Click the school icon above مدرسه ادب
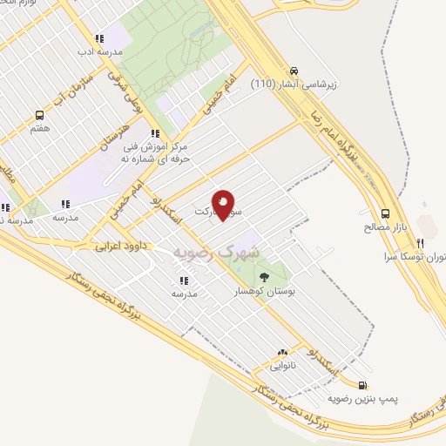[100, 38]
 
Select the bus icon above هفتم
[39, 115]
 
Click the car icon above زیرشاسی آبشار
[294, 71]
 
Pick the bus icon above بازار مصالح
[385, 213]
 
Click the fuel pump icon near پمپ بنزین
[362, 384]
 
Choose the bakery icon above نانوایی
[281, 354]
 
